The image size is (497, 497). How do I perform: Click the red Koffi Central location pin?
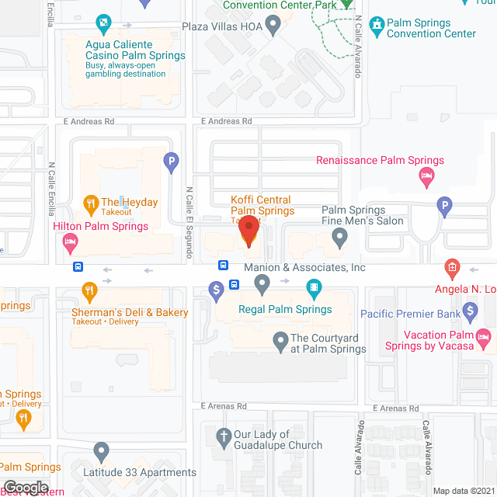[x=248, y=231]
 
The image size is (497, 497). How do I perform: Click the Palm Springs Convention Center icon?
[x=377, y=26]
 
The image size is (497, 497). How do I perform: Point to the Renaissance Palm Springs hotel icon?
[x=426, y=179]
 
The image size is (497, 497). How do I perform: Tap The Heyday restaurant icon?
[x=90, y=203]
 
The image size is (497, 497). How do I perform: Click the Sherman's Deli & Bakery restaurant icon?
[x=90, y=292]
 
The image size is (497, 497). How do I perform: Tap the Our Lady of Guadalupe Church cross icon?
[x=224, y=437]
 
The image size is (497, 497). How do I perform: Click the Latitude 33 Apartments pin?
[x=101, y=451]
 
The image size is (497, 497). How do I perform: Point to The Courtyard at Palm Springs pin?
[x=280, y=340]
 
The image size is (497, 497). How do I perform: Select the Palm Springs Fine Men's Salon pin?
[x=339, y=238]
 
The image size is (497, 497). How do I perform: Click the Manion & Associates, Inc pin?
[x=262, y=287]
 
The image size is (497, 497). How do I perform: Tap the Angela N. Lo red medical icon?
[x=452, y=270]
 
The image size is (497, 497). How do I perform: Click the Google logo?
[x=26, y=487]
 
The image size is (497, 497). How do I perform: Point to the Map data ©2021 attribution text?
[x=463, y=490]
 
